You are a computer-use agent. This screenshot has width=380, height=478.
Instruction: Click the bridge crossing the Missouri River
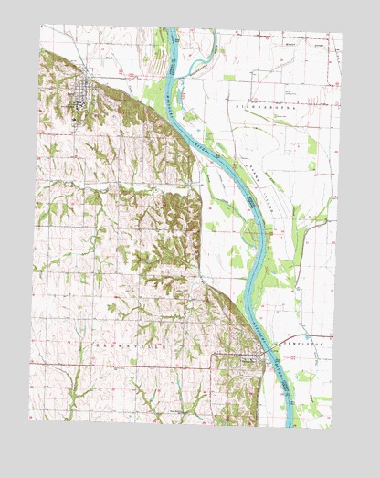pos(266,351)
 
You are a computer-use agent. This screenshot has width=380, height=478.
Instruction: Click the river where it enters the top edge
pos(170,31)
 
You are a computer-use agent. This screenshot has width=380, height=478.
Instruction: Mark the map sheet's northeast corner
pos(342,36)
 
